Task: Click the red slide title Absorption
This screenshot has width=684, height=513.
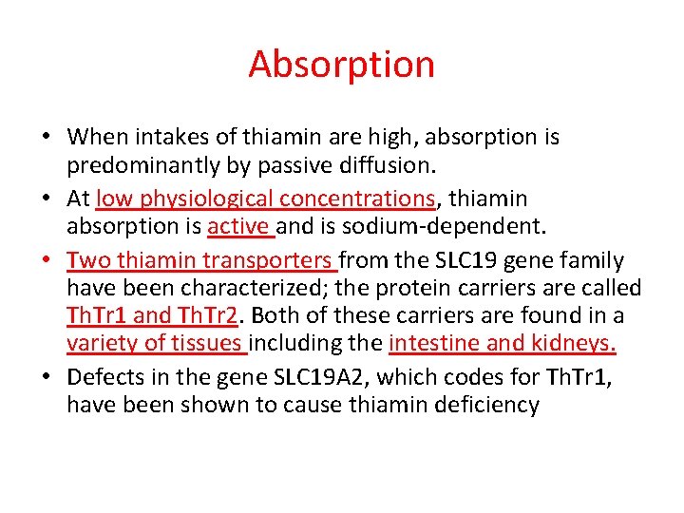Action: tap(341, 65)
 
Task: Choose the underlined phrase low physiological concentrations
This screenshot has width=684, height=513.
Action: tap(265, 199)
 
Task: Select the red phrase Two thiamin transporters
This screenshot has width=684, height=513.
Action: tap(200, 260)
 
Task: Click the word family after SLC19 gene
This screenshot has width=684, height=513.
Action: tap(592, 260)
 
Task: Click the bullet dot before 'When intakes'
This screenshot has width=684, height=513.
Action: tap(46, 138)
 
